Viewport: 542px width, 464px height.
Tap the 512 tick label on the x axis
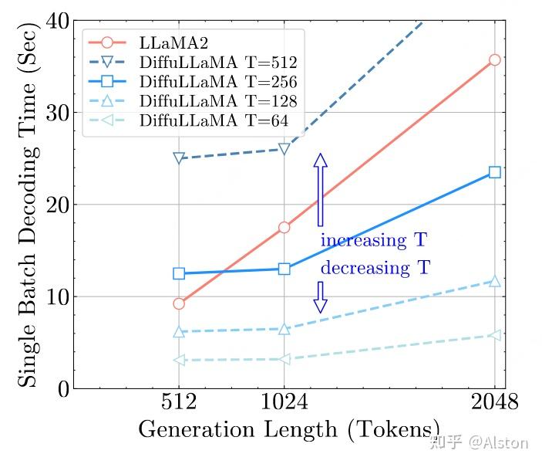pos(179,404)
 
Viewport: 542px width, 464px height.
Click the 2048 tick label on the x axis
pos(494,404)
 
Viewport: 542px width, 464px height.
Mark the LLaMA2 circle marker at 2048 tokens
pos(494,59)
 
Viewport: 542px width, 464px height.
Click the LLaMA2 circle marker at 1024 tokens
pos(284,227)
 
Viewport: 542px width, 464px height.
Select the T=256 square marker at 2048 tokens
pos(494,172)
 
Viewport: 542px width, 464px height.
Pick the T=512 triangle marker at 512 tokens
pos(179,158)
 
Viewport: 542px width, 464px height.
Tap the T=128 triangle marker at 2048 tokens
pos(494,281)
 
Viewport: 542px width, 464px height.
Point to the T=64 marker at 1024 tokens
pos(284,359)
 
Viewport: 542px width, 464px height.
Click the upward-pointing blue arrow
pos(321,189)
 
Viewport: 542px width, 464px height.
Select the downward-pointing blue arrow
pos(321,296)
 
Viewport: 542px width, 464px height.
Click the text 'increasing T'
pos(373,241)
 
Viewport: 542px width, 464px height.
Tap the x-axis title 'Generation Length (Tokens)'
pos(289,429)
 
